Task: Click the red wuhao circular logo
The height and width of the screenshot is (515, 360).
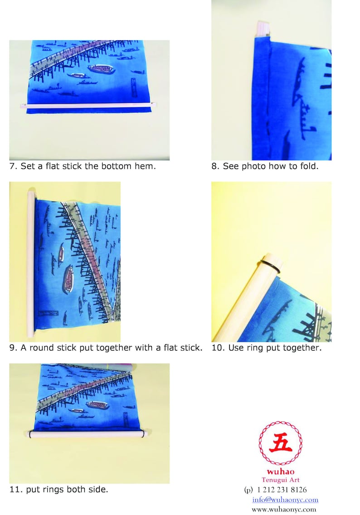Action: (x=280, y=443)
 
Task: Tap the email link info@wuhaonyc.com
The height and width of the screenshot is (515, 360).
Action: (x=285, y=500)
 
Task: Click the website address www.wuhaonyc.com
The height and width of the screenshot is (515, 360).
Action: (x=284, y=509)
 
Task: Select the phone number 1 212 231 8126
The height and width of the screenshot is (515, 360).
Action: (x=281, y=490)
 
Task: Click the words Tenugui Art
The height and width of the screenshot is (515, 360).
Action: (x=280, y=480)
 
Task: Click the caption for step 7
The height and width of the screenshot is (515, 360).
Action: (x=83, y=166)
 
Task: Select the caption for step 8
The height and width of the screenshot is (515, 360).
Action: (x=265, y=166)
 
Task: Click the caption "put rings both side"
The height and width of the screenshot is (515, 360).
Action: (x=58, y=490)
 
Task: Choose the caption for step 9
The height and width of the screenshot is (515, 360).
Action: (x=106, y=348)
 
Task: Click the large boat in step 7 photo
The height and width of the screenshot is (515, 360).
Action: (x=101, y=69)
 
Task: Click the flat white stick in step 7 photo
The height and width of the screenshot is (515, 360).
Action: (x=88, y=105)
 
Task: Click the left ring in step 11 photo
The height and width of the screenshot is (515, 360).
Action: (x=30, y=434)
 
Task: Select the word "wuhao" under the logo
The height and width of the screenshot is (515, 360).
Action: (x=280, y=472)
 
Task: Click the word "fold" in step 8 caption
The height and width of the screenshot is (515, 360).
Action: (x=309, y=166)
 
